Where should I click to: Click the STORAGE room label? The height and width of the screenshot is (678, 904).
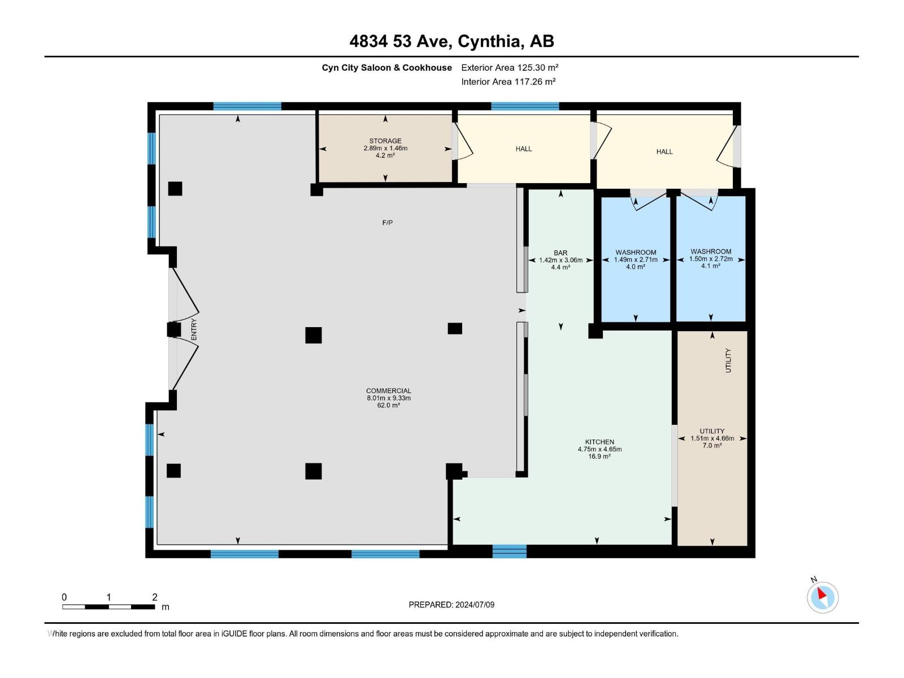pos(385,141)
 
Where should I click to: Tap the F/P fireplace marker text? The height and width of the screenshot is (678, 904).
pos(387,223)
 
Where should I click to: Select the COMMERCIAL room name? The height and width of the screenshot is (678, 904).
pos(388,390)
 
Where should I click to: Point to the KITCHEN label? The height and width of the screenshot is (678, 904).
pos(599,442)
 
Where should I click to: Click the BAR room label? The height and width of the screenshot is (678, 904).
pos(560,253)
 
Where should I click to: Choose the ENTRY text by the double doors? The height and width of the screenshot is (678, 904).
pos(194,329)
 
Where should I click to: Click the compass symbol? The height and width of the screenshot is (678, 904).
pos(822,597)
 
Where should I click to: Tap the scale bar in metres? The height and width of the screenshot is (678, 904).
pos(108,606)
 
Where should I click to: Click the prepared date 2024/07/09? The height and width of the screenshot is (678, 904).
pos(475,605)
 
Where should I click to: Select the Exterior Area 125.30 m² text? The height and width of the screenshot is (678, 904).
pos(510,67)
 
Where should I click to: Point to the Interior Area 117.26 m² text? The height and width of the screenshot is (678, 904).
pos(508,81)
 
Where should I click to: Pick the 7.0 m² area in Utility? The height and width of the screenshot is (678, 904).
pos(712,445)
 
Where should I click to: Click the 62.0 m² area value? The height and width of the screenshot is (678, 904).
pos(388,405)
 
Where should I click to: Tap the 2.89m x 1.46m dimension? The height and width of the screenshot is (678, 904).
pos(385,148)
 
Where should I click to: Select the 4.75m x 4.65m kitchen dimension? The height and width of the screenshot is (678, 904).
pos(599,449)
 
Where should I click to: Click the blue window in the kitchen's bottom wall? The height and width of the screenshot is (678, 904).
pos(509,551)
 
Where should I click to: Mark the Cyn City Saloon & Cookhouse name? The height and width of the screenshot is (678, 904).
pos(386,67)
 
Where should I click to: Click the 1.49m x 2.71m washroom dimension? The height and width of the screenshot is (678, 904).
pos(636,260)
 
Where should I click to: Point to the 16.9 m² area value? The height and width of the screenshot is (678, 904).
pos(599,457)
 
